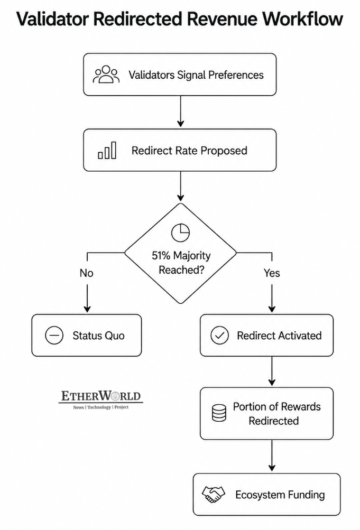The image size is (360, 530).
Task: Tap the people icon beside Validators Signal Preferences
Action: (x=106, y=75)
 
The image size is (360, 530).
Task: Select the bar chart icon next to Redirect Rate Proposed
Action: (x=107, y=150)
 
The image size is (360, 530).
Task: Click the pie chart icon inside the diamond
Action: (x=180, y=233)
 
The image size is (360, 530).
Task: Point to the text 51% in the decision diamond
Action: (x=161, y=256)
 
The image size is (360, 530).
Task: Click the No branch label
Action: (x=87, y=273)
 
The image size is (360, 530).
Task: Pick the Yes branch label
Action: (x=272, y=273)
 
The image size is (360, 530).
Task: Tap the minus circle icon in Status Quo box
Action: (x=54, y=336)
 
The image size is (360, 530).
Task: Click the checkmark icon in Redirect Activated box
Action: (x=220, y=336)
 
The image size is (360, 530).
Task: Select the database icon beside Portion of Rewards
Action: (x=219, y=413)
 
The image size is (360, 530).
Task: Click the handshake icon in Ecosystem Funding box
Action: (x=213, y=495)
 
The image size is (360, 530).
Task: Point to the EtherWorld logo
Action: (x=101, y=400)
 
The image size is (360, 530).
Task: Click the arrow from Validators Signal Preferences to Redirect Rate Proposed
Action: (x=180, y=111)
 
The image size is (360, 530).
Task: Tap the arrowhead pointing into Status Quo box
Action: (x=87, y=309)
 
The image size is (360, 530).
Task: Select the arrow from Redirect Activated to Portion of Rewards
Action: (x=272, y=371)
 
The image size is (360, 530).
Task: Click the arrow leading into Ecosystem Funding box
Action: (x=272, y=455)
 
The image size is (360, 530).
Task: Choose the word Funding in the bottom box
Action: (x=306, y=495)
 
